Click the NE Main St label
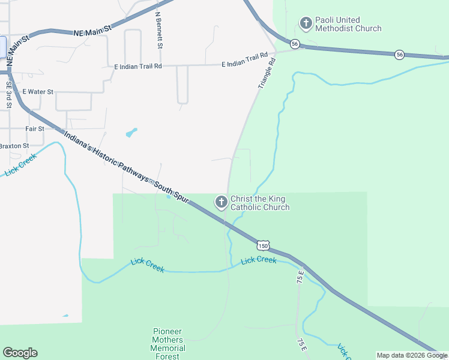(x=93, y=29)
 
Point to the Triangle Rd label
(x=267, y=73)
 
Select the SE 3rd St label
(x=9, y=94)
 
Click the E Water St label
(x=38, y=92)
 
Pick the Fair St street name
(x=35, y=129)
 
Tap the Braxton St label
(x=14, y=146)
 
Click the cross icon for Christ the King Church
(x=221, y=202)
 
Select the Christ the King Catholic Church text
(x=259, y=203)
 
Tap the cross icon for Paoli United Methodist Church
(x=306, y=23)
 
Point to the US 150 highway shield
(x=262, y=245)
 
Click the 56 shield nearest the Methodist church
(x=294, y=44)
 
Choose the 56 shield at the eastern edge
(x=399, y=55)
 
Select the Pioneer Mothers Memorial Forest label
(x=167, y=344)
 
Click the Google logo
(x=20, y=353)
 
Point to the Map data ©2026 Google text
(x=411, y=355)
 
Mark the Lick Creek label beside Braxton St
(x=20, y=165)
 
